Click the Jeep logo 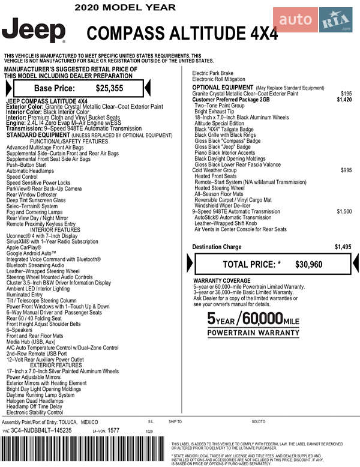(x=34, y=31)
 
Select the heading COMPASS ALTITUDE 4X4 (x=182, y=33)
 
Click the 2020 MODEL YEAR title (x=125, y=8)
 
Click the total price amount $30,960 (x=309, y=264)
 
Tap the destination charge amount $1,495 (x=343, y=247)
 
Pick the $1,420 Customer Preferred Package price (x=344, y=100)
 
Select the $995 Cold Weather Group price (x=346, y=170)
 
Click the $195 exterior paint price (x=346, y=94)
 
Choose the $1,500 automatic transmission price (x=344, y=211)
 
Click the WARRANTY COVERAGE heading (x=221, y=281)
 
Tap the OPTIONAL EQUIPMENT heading (x=223, y=88)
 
